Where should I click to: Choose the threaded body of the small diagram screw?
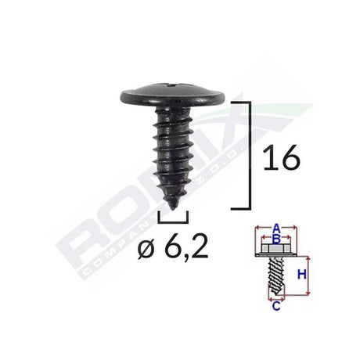point(275,276)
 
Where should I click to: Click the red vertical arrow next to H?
point(308,274)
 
